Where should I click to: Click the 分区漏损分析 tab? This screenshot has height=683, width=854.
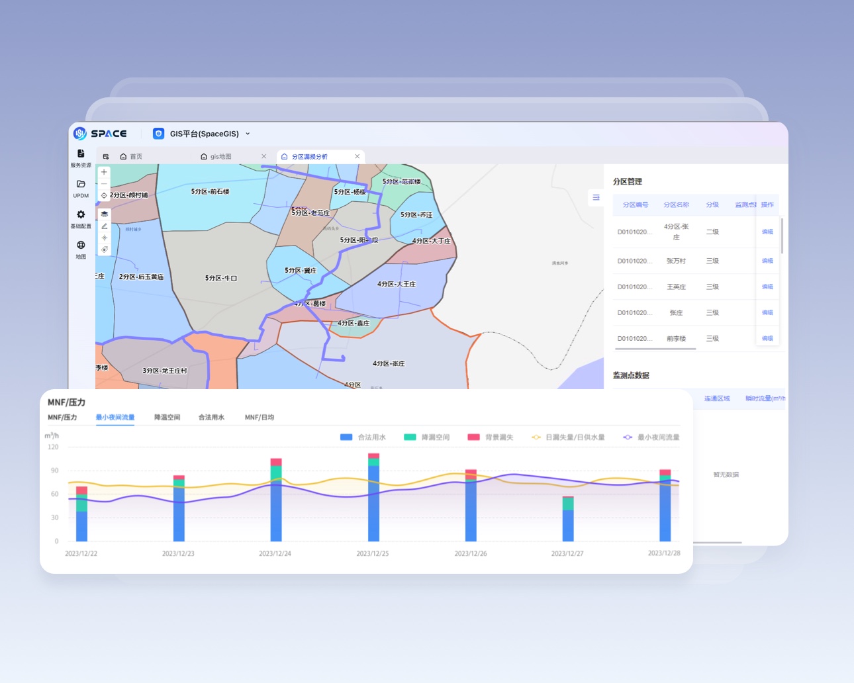(x=310, y=157)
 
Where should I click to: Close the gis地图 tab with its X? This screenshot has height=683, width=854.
(x=263, y=157)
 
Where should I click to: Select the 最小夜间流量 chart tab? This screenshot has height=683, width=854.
(x=115, y=418)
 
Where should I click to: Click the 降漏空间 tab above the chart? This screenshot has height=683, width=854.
(x=167, y=418)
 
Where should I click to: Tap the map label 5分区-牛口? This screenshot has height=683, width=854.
(x=221, y=279)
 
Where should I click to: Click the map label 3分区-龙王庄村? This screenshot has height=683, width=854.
(x=165, y=371)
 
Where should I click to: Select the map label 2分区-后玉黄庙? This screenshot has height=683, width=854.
(x=141, y=277)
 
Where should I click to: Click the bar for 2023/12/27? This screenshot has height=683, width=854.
(x=568, y=520)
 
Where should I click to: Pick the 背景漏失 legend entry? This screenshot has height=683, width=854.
(x=491, y=437)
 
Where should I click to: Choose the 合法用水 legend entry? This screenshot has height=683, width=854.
(x=363, y=437)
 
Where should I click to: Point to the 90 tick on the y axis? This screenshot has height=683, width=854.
(x=54, y=471)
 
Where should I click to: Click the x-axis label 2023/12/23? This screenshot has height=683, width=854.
(x=178, y=553)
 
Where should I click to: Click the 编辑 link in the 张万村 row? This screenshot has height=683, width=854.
(x=767, y=261)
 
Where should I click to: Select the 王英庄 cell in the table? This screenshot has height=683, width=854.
(x=676, y=287)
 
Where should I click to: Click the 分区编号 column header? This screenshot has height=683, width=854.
(x=636, y=205)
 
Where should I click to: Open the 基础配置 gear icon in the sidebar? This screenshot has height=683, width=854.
(x=81, y=215)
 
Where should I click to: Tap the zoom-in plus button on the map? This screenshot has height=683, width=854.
(x=104, y=172)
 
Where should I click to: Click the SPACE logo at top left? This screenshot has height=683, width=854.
(x=100, y=134)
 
